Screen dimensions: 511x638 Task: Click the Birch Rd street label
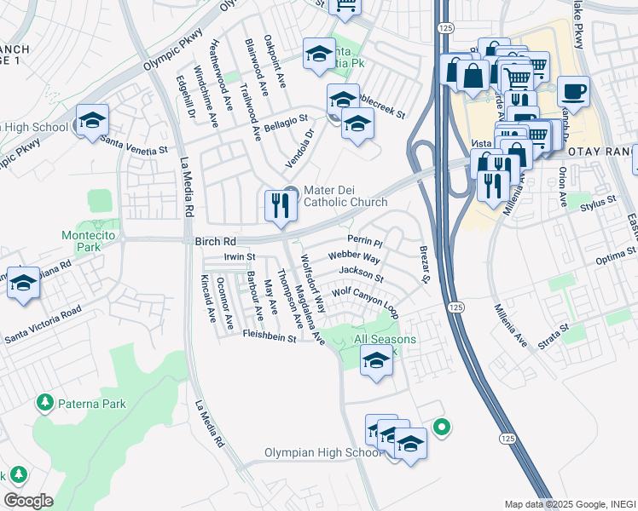(212, 241)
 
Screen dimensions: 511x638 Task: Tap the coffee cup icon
(574, 91)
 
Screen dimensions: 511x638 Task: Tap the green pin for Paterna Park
(43, 401)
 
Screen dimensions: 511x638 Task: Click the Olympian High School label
(323, 453)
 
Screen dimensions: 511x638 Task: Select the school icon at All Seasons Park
(376, 361)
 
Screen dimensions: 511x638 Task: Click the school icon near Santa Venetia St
(92, 120)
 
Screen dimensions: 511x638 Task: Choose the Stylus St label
(597, 204)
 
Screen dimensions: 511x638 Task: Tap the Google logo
(28, 501)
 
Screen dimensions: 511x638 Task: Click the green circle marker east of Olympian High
(441, 427)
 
